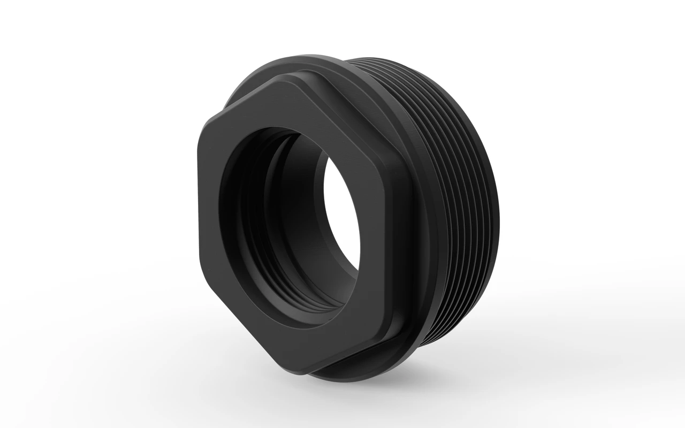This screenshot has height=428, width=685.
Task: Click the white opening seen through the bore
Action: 342,214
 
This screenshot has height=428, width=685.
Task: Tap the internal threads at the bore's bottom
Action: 300,300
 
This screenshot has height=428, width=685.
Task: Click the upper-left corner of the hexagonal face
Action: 207,121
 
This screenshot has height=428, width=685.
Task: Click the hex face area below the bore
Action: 321,342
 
